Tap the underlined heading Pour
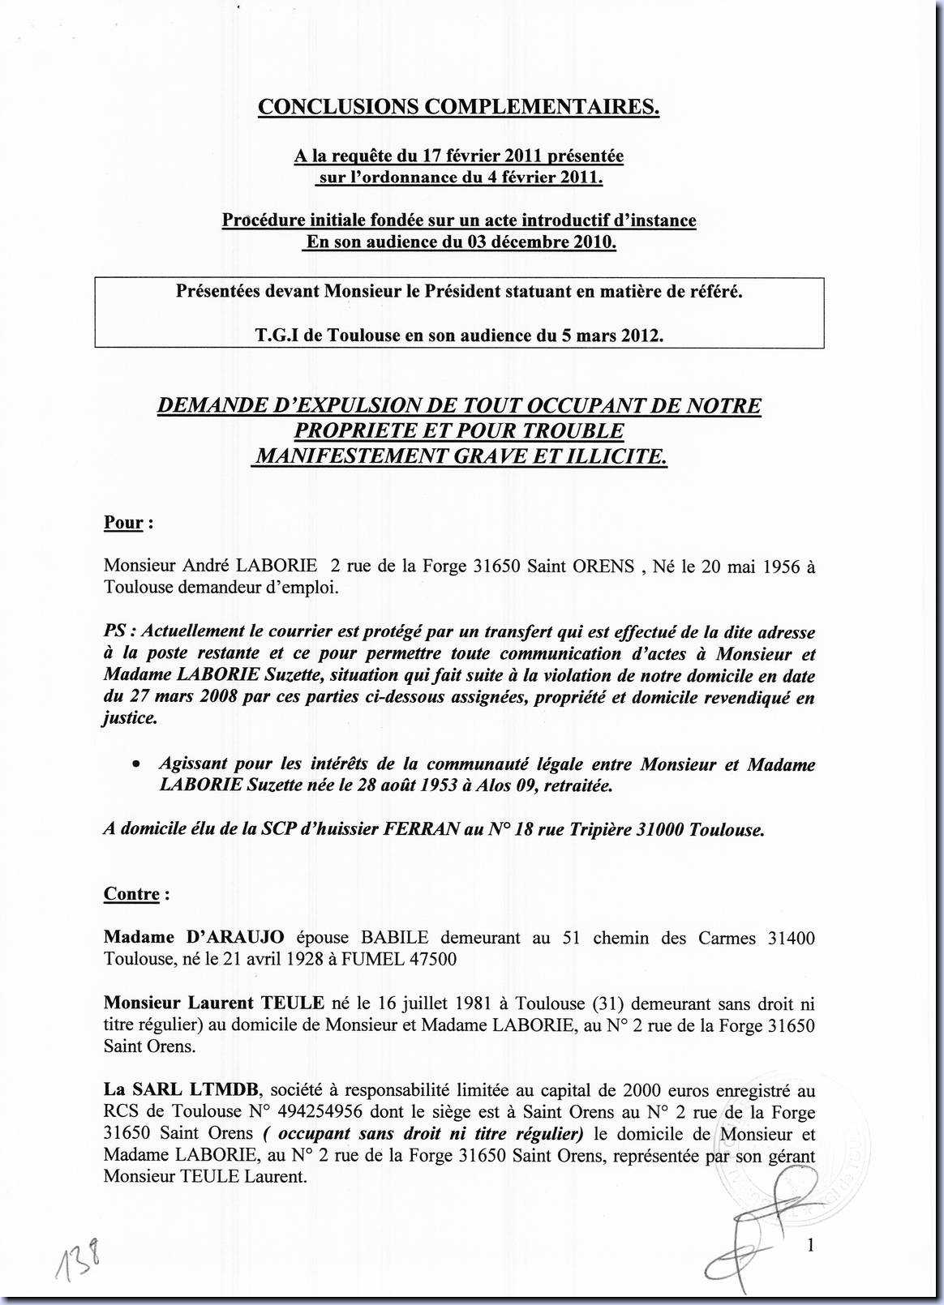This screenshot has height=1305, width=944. pos(123,523)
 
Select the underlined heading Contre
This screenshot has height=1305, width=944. pos(131,894)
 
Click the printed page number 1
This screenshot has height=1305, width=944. pos(810,1246)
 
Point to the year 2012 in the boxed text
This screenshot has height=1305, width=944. pos(641,335)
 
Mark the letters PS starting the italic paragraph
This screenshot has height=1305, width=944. pos(115,631)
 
